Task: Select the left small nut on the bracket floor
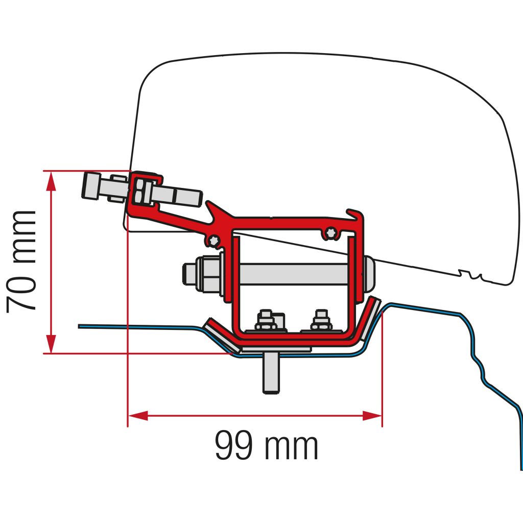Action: click(265, 321)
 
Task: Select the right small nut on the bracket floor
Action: click(321, 321)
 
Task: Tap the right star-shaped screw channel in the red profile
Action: click(332, 233)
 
